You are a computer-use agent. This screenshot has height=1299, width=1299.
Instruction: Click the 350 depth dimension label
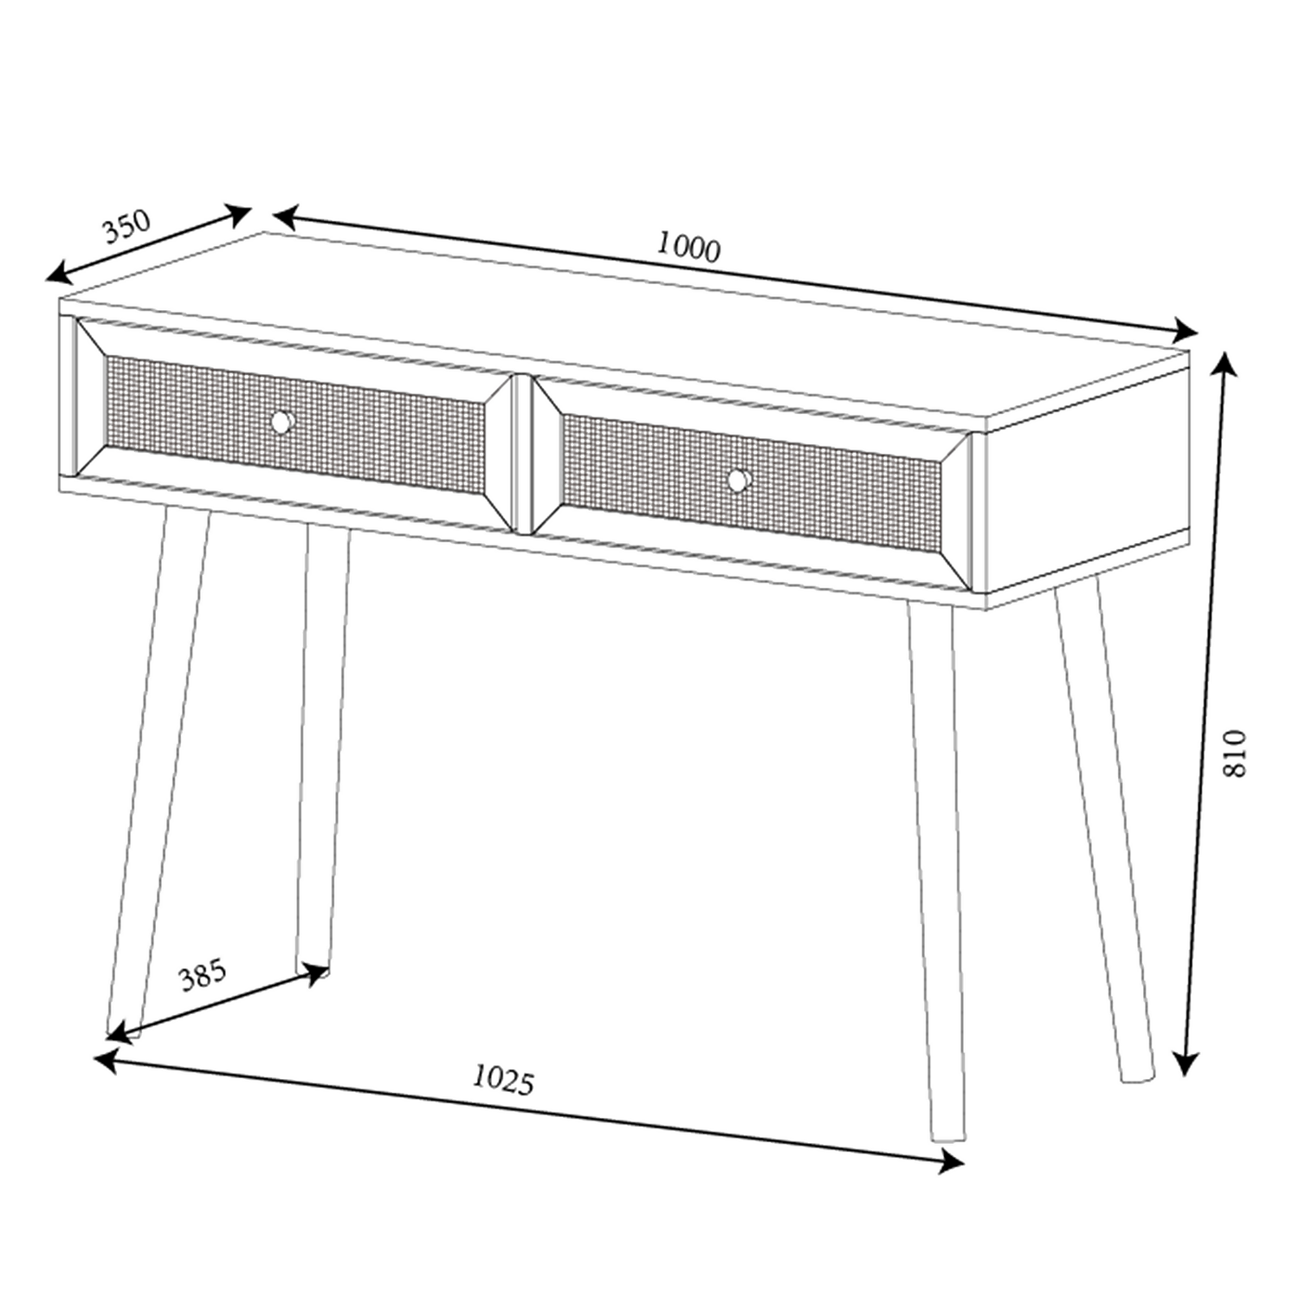point(126,227)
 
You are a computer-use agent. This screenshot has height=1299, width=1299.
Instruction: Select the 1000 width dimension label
point(688,247)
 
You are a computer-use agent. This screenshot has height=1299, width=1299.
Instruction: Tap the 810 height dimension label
point(1234,753)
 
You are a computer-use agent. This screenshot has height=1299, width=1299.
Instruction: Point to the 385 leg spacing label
point(202,975)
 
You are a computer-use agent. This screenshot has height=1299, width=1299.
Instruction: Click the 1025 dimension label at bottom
point(503,1080)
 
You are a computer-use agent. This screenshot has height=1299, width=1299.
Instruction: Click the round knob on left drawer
point(281,422)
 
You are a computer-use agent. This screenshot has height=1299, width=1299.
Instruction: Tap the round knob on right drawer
point(738,480)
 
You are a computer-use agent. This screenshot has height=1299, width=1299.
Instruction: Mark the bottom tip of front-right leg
point(947,1137)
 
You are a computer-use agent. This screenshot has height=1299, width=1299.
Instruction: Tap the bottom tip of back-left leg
point(312,968)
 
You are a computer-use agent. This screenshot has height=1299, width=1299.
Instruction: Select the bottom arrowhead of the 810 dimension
point(1186,1065)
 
